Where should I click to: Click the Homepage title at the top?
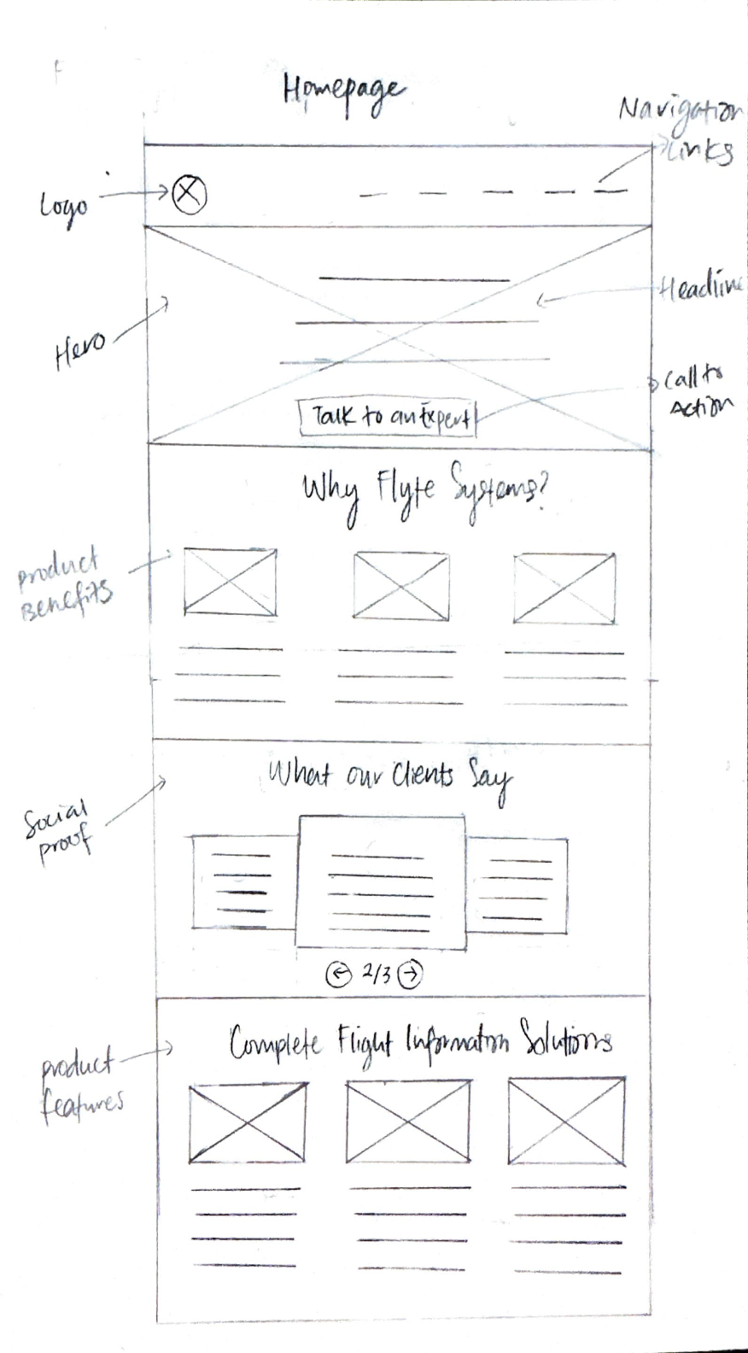(343, 92)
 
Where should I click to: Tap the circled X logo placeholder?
(189, 193)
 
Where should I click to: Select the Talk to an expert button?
(389, 417)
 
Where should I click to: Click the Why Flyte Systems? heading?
(424, 490)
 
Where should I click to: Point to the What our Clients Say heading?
(389, 776)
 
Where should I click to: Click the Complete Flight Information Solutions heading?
(419, 1043)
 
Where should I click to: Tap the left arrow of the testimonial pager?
(339, 974)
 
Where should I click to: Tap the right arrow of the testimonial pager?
(410, 974)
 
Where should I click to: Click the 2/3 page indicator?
(375, 972)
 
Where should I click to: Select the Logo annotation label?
(64, 206)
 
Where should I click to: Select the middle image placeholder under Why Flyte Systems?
(401, 586)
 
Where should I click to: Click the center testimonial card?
(382, 881)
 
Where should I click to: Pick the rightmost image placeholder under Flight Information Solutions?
(567, 1120)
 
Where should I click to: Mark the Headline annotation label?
(700, 288)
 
